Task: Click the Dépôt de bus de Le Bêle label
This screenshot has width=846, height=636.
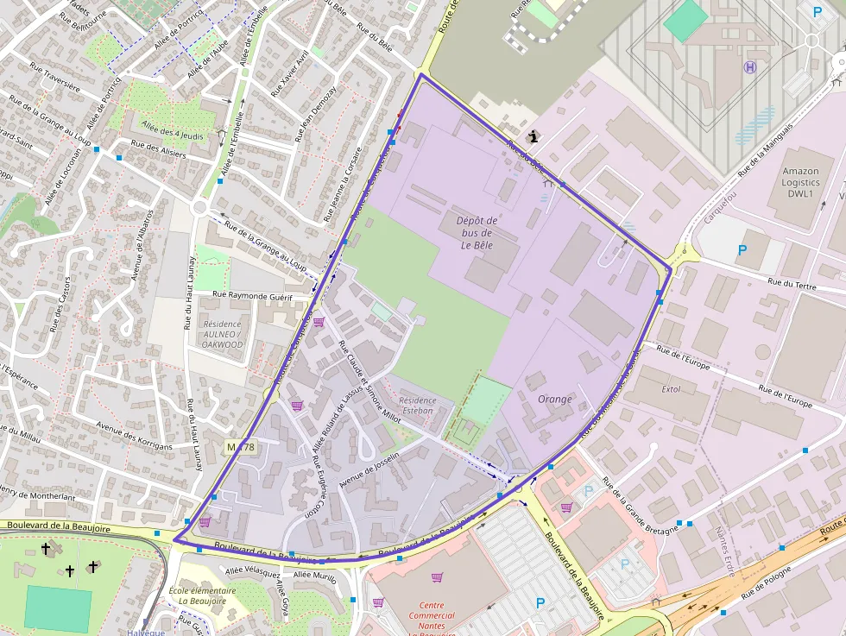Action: (x=477, y=233)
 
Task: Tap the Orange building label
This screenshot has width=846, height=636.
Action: (x=554, y=400)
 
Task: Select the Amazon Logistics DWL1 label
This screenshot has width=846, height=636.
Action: (x=800, y=183)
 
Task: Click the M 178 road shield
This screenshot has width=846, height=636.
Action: (x=240, y=446)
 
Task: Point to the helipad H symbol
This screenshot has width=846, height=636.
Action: (x=750, y=67)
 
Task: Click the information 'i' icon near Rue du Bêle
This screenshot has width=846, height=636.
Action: (x=535, y=135)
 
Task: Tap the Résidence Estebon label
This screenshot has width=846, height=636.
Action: (x=418, y=406)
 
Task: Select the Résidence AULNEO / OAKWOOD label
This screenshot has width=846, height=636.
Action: (x=223, y=334)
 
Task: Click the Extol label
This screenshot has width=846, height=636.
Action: (x=671, y=390)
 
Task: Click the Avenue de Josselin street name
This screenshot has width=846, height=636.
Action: (x=369, y=471)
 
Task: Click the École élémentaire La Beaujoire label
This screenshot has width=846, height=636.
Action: (x=203, y=595)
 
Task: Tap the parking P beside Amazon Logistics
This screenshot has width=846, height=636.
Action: (x=742, y=250)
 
